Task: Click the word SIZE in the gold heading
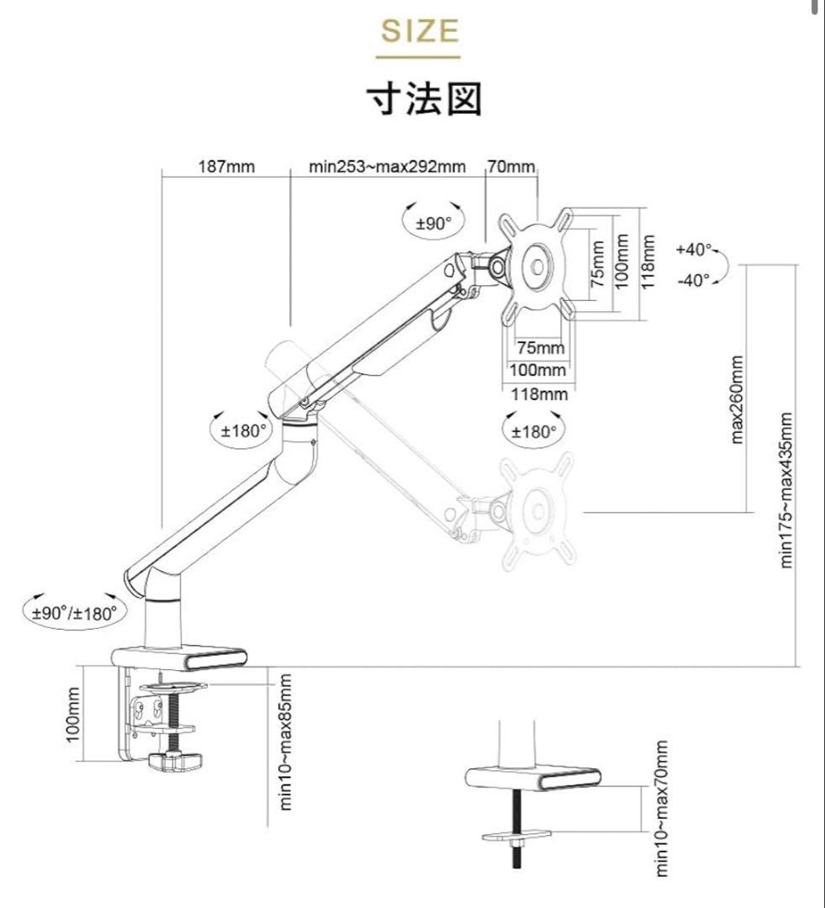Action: [x=420, y=32]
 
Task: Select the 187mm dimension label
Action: [x=226, y=166]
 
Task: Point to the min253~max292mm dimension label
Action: [x=387, y=166]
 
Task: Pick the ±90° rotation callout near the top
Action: [x=434, y=223]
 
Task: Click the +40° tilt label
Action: [x=694, y=250]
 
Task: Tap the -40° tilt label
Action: [x=694, y=280]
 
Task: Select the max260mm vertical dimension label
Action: [x=738, y=399]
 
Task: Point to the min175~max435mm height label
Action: [x=788, y=489]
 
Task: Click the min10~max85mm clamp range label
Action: [x=286, y=742]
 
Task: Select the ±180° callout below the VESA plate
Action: [x=535, y=431]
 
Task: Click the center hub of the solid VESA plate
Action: [x=537, y=265]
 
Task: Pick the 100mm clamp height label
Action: [x=73, y=714]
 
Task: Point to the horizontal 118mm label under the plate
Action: [x=538, y=393]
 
